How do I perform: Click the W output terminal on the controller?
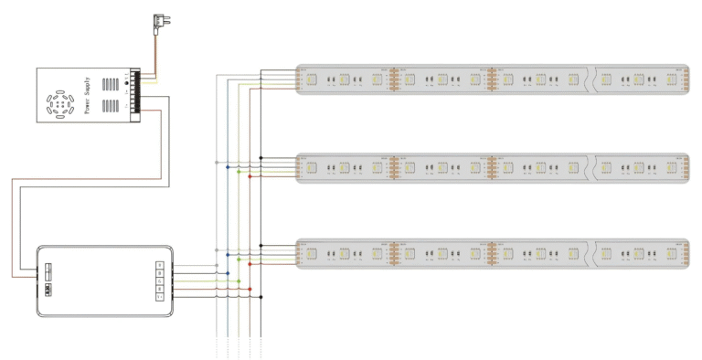(x=160, y=265)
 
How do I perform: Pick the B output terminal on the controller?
(x=160, y=273)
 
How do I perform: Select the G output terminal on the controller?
(x=160, y=281)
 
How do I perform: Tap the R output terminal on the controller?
(x=160, y=289)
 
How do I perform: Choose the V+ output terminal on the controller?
(x=160, y=297)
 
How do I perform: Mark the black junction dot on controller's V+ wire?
(x=261, y=297)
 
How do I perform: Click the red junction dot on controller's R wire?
(x=250, y=289)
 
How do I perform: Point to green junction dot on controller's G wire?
(x=239, y=281)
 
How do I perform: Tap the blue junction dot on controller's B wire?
(x=228, y=273)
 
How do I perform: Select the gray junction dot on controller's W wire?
(x=217, y=265)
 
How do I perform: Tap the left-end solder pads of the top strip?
(x=302, y=79)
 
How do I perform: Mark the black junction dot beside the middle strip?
(x=261, y=158)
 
